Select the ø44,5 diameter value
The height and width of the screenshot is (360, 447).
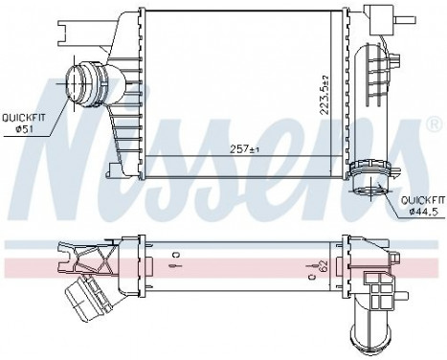pyautogui.click(x=422, y=211)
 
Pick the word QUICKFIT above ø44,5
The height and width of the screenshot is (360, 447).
pyautogui.click(x=422, y=199)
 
